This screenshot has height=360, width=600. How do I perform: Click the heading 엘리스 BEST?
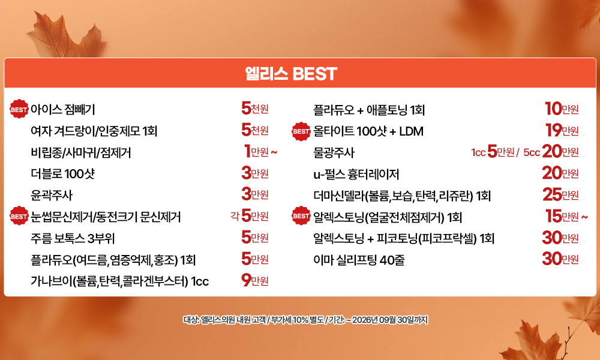point(291,74)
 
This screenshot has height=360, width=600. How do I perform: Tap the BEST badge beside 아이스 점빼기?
point(19,109)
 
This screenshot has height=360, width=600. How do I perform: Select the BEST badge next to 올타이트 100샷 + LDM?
point(301,131)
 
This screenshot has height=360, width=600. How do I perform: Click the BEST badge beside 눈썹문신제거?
point(19,216)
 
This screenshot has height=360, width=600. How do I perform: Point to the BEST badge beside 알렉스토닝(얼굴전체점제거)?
point(301,216)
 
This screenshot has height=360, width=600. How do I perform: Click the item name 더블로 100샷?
point(62,173)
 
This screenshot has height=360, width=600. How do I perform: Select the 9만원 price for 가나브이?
point(255,280)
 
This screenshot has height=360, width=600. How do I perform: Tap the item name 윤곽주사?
point(51,195)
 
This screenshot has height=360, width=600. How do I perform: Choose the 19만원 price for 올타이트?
point(562,130)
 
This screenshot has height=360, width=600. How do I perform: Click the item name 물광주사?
point(334,152)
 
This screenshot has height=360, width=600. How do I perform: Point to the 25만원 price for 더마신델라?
point(560,195)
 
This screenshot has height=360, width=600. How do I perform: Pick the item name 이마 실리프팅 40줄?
point(359,260)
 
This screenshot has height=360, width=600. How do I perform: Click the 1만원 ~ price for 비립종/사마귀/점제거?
point(260,151)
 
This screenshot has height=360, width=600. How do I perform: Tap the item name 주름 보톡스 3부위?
point(73,238)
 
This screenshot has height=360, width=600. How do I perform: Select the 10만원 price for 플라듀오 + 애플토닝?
point(562,109)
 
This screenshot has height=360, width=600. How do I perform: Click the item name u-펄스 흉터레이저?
point(356,174)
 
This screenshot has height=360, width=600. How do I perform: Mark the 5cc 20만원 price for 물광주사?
point(551,152)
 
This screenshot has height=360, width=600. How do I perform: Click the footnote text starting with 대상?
point(305,319)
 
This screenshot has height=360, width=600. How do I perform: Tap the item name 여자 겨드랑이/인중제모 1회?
point(94,131)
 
